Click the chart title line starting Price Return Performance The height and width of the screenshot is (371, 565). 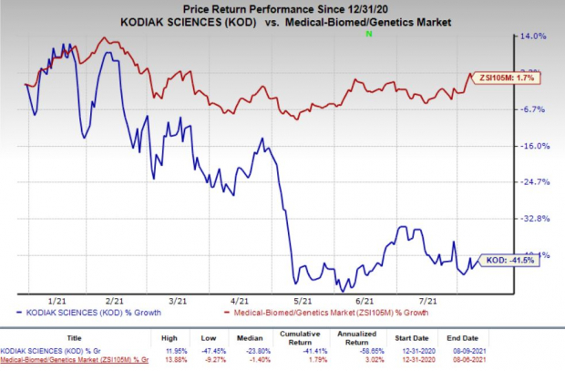(277, 10)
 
